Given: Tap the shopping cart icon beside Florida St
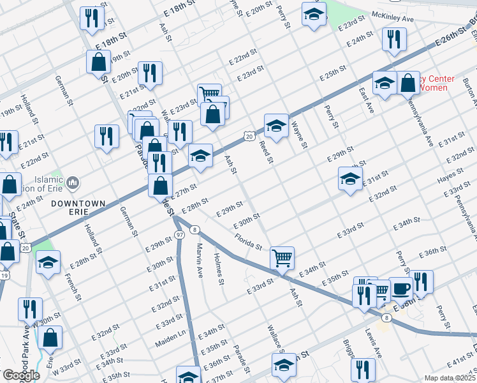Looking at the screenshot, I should coord(282,258).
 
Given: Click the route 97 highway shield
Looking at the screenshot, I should coord(181,236).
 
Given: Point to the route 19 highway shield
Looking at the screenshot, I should coord(4,275).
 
